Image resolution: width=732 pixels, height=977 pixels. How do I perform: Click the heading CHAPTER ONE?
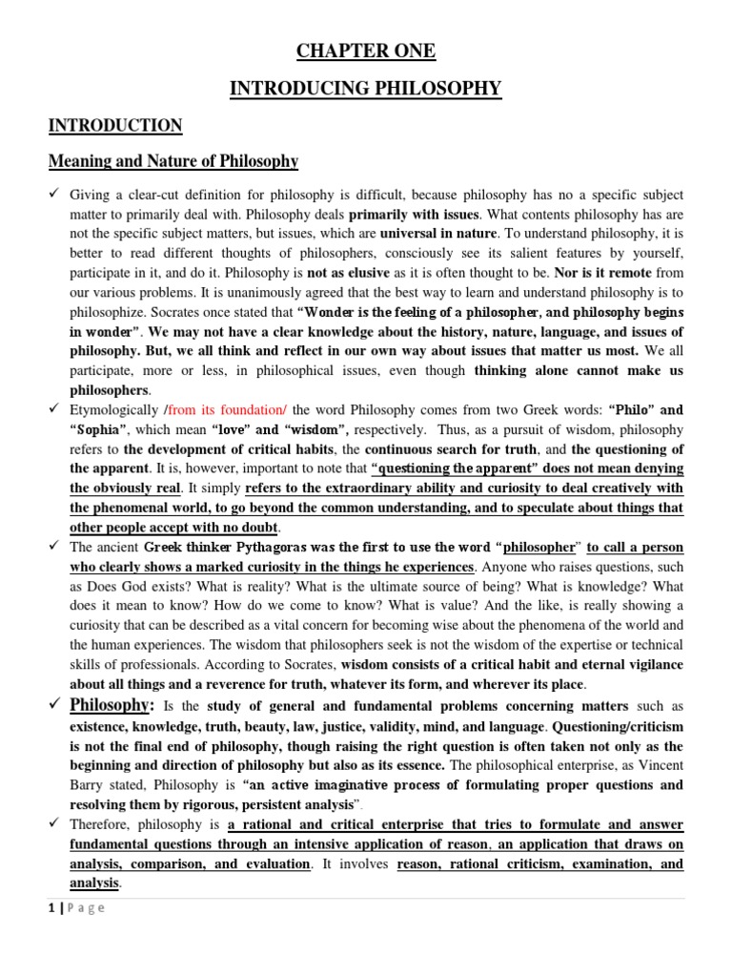(367, 52)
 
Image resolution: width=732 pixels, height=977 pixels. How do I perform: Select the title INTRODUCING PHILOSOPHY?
(367, 89)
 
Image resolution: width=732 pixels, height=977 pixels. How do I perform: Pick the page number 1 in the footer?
(51, 907)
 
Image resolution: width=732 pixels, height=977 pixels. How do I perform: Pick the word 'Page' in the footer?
(85, 907)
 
